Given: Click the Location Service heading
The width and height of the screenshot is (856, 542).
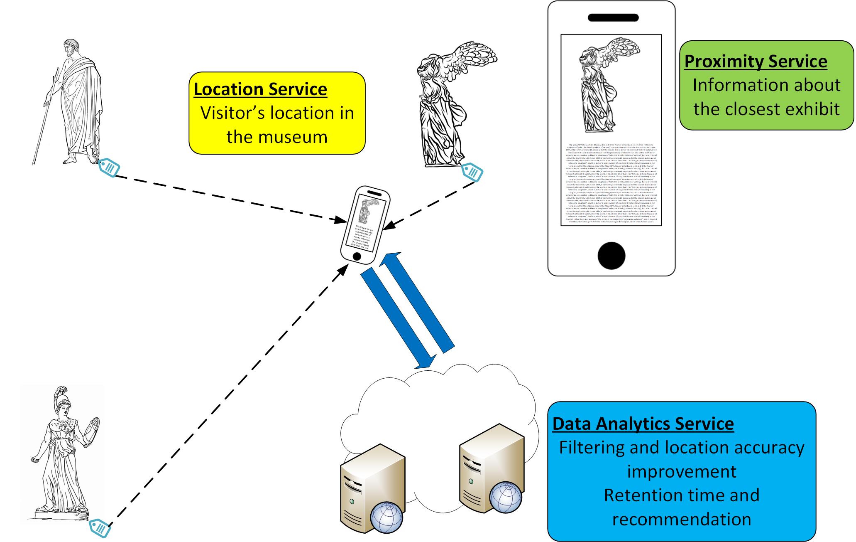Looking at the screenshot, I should (x=260, y=89).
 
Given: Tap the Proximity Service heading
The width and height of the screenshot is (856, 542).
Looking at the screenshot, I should (x=756, y=62).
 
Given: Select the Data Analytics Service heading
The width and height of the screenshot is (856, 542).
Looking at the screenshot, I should (x=643, y=424).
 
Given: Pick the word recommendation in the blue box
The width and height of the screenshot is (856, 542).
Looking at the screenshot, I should (x=682, y=519).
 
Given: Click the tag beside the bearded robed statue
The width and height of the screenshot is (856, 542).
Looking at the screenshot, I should (x=110, y=168).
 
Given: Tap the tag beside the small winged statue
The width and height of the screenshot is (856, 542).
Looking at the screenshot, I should (x=473, y=171).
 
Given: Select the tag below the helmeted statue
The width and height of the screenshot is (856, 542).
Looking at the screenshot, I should (x=100, y=528).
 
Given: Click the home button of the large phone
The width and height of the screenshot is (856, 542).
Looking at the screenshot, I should (x=611, y=256).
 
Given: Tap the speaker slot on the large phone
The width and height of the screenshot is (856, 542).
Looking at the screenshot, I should (x=613, y=18).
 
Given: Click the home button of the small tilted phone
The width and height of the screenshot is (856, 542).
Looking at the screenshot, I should (x=356, y=256).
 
